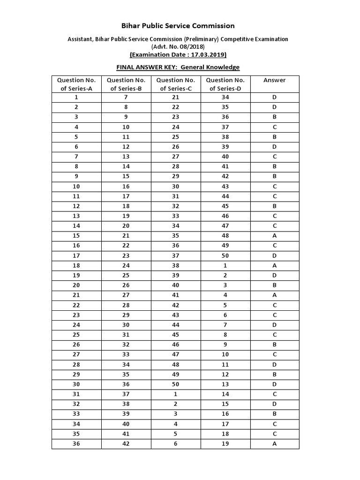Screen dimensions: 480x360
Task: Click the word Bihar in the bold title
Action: (x=131, y=26)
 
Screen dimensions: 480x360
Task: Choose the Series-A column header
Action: (x=76, y=84)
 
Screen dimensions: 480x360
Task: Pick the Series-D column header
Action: (x=225, y=84)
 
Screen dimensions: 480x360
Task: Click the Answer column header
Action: (x=274, y=80)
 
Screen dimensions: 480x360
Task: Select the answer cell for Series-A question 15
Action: (x=274, y=236)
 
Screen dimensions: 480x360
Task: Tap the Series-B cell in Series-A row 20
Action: (x=126, y=285)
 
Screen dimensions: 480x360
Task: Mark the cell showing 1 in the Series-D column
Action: (x=225, y=265)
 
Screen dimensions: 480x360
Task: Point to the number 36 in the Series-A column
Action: (x=76, y=444)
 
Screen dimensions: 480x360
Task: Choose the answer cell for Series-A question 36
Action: (x=274, y=444)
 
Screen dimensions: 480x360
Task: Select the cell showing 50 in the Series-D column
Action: (x=225, y=255)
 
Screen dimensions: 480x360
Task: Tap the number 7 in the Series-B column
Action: (x=126, y=97)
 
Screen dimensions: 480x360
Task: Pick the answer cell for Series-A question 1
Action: (x=274, y=97)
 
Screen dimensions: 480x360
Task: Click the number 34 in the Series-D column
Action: (x=225, y=97)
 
